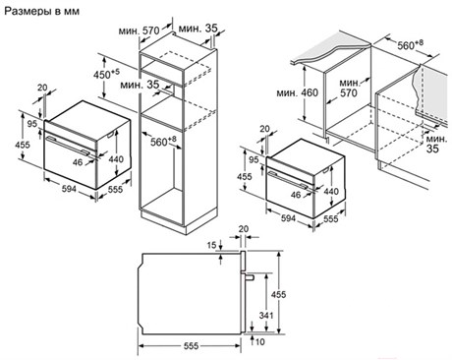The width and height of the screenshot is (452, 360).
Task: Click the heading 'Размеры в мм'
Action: tap(41, 11)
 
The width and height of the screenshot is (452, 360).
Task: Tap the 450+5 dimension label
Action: tap(107, 74)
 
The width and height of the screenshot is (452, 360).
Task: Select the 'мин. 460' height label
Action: tap(298, 93)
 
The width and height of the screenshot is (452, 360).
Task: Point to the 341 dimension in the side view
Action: tap(266, 316)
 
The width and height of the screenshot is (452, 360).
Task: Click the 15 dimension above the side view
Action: tap(212, 245)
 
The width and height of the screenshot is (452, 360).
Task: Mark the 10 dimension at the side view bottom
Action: tap(259, 342)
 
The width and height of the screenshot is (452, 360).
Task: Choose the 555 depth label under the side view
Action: tap(191, 346)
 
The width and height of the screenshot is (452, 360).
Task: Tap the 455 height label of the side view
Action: tap(278, 294)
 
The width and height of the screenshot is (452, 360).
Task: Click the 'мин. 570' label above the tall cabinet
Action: tap(139, 31)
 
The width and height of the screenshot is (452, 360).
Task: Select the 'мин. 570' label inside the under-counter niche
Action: tap(349, 89)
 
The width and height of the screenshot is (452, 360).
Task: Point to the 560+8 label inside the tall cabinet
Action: tap(163, 142)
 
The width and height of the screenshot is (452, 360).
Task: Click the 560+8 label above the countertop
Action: tap(410, 44)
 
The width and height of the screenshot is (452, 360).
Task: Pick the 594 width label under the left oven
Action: tap(69, 189)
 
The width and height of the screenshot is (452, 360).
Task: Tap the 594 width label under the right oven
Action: tap(288, 218)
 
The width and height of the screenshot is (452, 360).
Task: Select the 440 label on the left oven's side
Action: tap(116, 159)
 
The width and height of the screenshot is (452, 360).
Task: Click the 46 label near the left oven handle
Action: tap(78, 162)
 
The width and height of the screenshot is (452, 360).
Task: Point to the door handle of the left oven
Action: tap(68, 145)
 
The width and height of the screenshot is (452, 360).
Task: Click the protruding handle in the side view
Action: tap(249, 276)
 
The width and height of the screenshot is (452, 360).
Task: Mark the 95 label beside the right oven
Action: tap(254, 159)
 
